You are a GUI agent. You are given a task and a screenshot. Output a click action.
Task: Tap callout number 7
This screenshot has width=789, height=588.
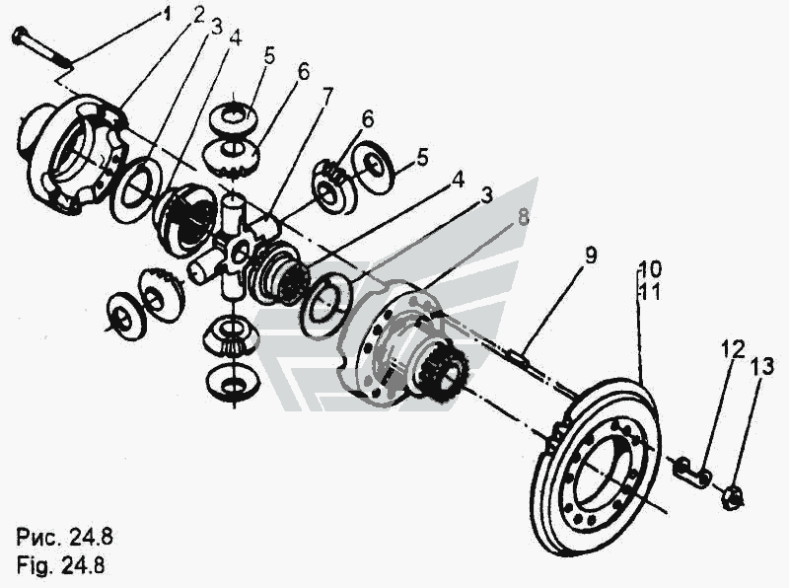[x=326, y=96]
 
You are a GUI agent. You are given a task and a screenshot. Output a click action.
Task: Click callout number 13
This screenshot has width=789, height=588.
[x=756, y=369]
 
